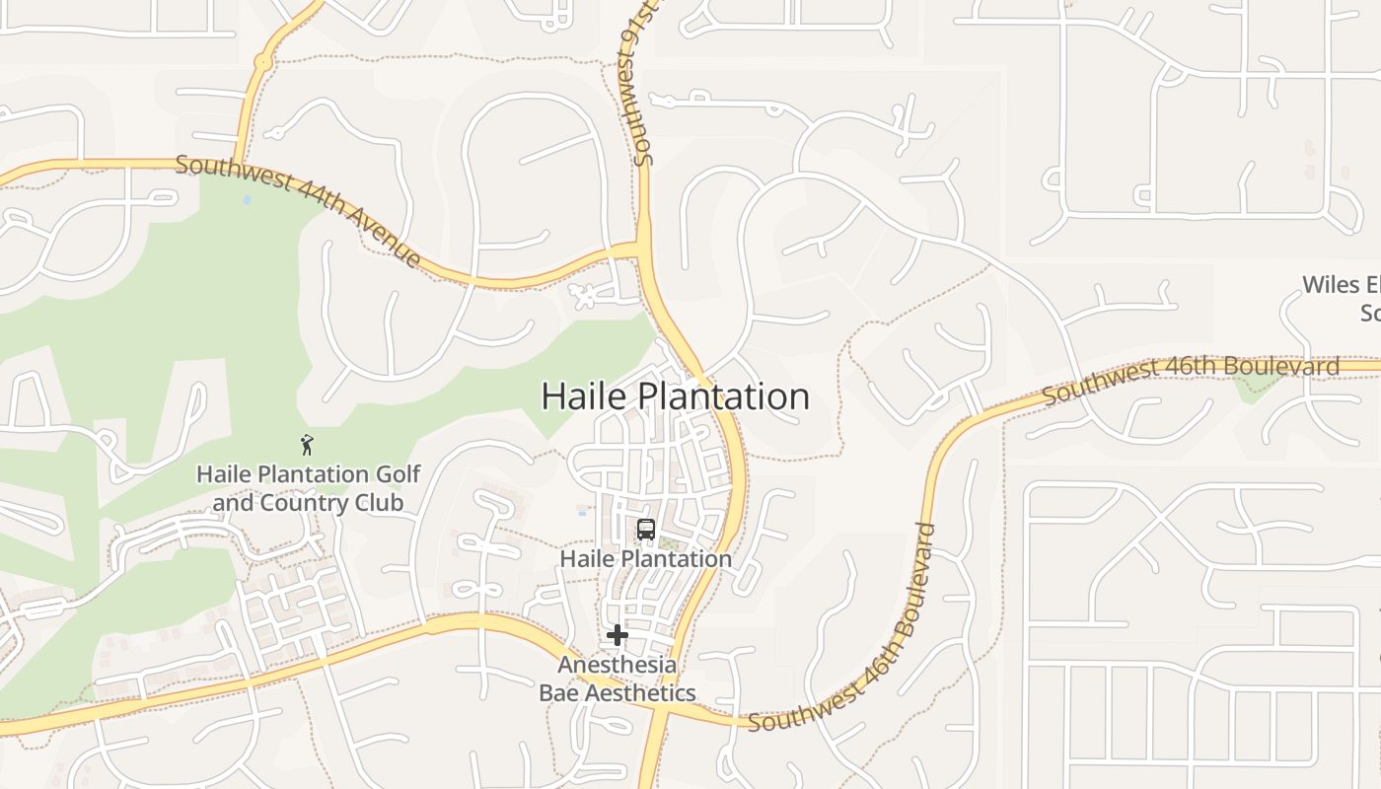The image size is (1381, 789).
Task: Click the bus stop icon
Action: [646, 530]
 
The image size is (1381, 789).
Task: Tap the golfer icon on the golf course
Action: [307, 445]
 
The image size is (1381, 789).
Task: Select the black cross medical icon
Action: [618, 635]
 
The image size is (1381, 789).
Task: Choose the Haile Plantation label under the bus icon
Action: [645, 559]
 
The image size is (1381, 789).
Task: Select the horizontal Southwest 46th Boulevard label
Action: [1191, 379]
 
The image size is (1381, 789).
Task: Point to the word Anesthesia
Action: [618, 665]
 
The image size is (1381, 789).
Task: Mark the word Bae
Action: [558, 693]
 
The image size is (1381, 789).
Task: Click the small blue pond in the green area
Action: [246, 199]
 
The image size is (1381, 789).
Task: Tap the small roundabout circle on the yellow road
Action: [262, 62]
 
